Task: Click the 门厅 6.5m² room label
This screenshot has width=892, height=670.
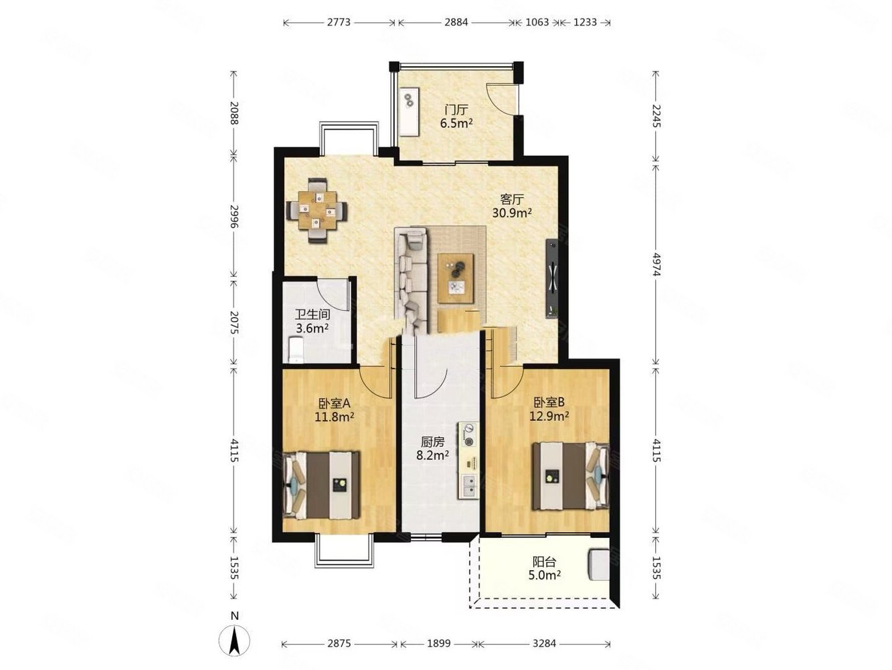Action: point(456,116)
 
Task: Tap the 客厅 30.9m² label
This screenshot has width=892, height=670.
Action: point(512,206)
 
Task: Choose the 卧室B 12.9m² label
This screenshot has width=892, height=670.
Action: point(549,409)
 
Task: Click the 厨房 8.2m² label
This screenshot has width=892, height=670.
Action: point(432,448)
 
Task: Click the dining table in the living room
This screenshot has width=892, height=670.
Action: point(317,211)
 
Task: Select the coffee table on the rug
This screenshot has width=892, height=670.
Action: point(456,278)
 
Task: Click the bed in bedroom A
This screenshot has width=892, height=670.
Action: point(321,484)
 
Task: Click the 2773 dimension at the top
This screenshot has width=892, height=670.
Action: point(339,22)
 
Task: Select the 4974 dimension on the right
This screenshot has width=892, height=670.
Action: point(656,265)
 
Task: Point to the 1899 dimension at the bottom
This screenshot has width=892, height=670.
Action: point(439,643)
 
